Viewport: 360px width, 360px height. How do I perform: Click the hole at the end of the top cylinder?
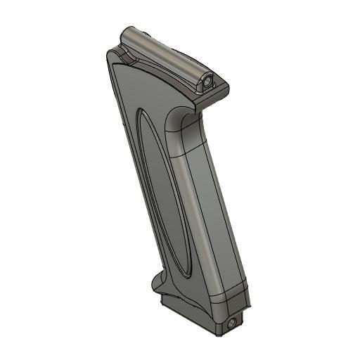click(209, 82)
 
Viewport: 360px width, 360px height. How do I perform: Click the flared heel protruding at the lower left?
click(159, 285)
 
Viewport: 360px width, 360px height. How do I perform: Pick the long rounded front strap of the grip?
click(207, 211)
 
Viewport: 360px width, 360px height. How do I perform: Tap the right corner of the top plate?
click(229, 87)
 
